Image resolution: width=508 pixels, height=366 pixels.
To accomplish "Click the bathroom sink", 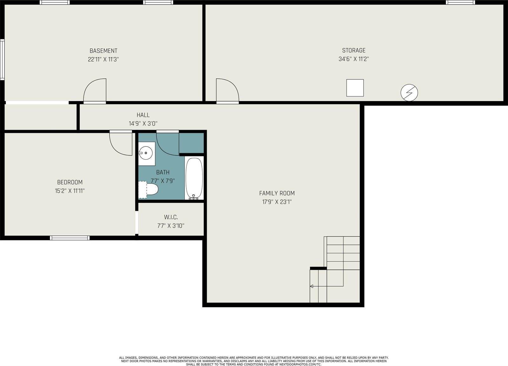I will (146, 153).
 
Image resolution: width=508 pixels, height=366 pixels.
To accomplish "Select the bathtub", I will (194, 178).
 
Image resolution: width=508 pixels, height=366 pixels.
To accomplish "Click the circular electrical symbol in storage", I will (409, 93).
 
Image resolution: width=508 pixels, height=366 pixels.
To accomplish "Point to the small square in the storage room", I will (355, 88).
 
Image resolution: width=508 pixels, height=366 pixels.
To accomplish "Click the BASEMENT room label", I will (103, 51).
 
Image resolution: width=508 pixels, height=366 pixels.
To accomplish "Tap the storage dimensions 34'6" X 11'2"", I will (353, 59).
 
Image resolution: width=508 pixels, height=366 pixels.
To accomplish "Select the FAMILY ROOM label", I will (277, 193).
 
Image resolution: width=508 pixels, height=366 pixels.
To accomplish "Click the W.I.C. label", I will (171, 217).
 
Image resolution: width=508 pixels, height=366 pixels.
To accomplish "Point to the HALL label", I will (143, 115).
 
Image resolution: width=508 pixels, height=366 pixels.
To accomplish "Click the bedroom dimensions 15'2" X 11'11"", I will (70, 191).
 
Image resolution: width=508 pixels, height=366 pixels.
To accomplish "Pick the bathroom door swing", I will (167, 144).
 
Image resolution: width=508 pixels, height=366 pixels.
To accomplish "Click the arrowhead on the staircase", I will (311, 286).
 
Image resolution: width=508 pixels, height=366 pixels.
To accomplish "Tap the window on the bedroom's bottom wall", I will (70, 238).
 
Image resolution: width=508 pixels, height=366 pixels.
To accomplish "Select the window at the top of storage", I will (460, 3).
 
